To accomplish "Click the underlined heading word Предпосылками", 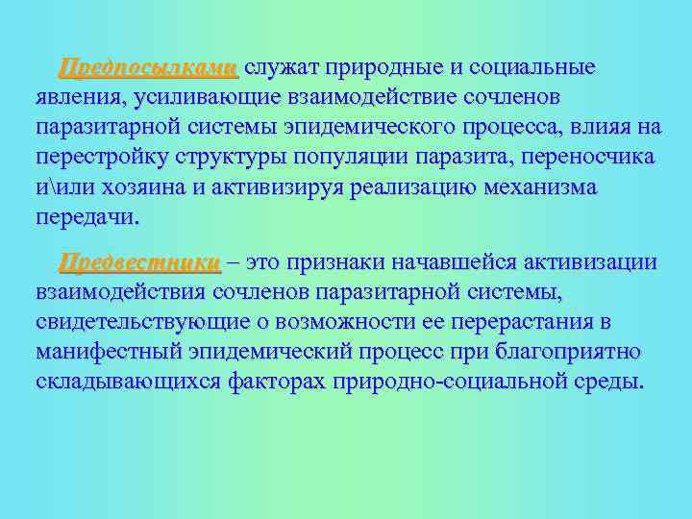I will click(x=147, y=68).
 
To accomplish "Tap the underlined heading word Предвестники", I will click(x=139, y=262).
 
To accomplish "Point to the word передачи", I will click(x=86, y=216).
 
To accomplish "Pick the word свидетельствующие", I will click(x=151, y=321).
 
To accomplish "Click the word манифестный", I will click(x=109, y=351).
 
